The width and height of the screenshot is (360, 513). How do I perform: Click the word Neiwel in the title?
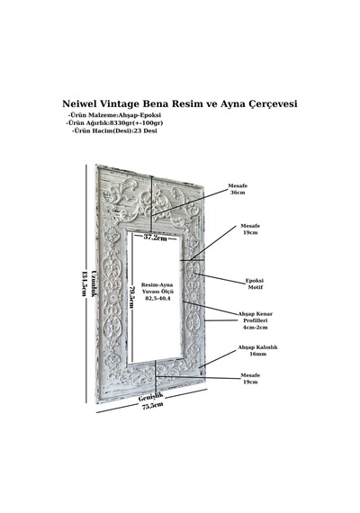[x=79, y=103]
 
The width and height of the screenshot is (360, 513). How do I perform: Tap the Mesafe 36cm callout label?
[x=238, y=189]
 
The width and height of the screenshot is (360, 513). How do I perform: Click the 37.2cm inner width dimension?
[x=155, y=238]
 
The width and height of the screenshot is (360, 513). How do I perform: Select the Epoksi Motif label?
[x=255, y=284]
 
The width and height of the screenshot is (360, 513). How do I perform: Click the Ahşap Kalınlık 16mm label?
[x=257, y=350]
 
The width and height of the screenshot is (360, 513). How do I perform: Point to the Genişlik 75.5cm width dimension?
[x=151, y=401]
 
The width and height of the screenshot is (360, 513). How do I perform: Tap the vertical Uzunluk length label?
[x=94, y=283]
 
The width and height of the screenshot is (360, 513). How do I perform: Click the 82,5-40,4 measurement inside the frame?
[x=157, y=299]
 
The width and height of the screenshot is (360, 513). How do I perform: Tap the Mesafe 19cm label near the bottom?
[x=250, y=379]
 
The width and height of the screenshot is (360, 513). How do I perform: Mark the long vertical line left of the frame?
[x=86, y=283]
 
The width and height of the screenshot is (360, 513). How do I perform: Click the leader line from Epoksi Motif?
[x=220, y=279]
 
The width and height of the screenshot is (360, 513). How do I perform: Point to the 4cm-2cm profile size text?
[x=255, y=328]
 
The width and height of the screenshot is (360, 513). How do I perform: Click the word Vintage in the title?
[x=120, y=104]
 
